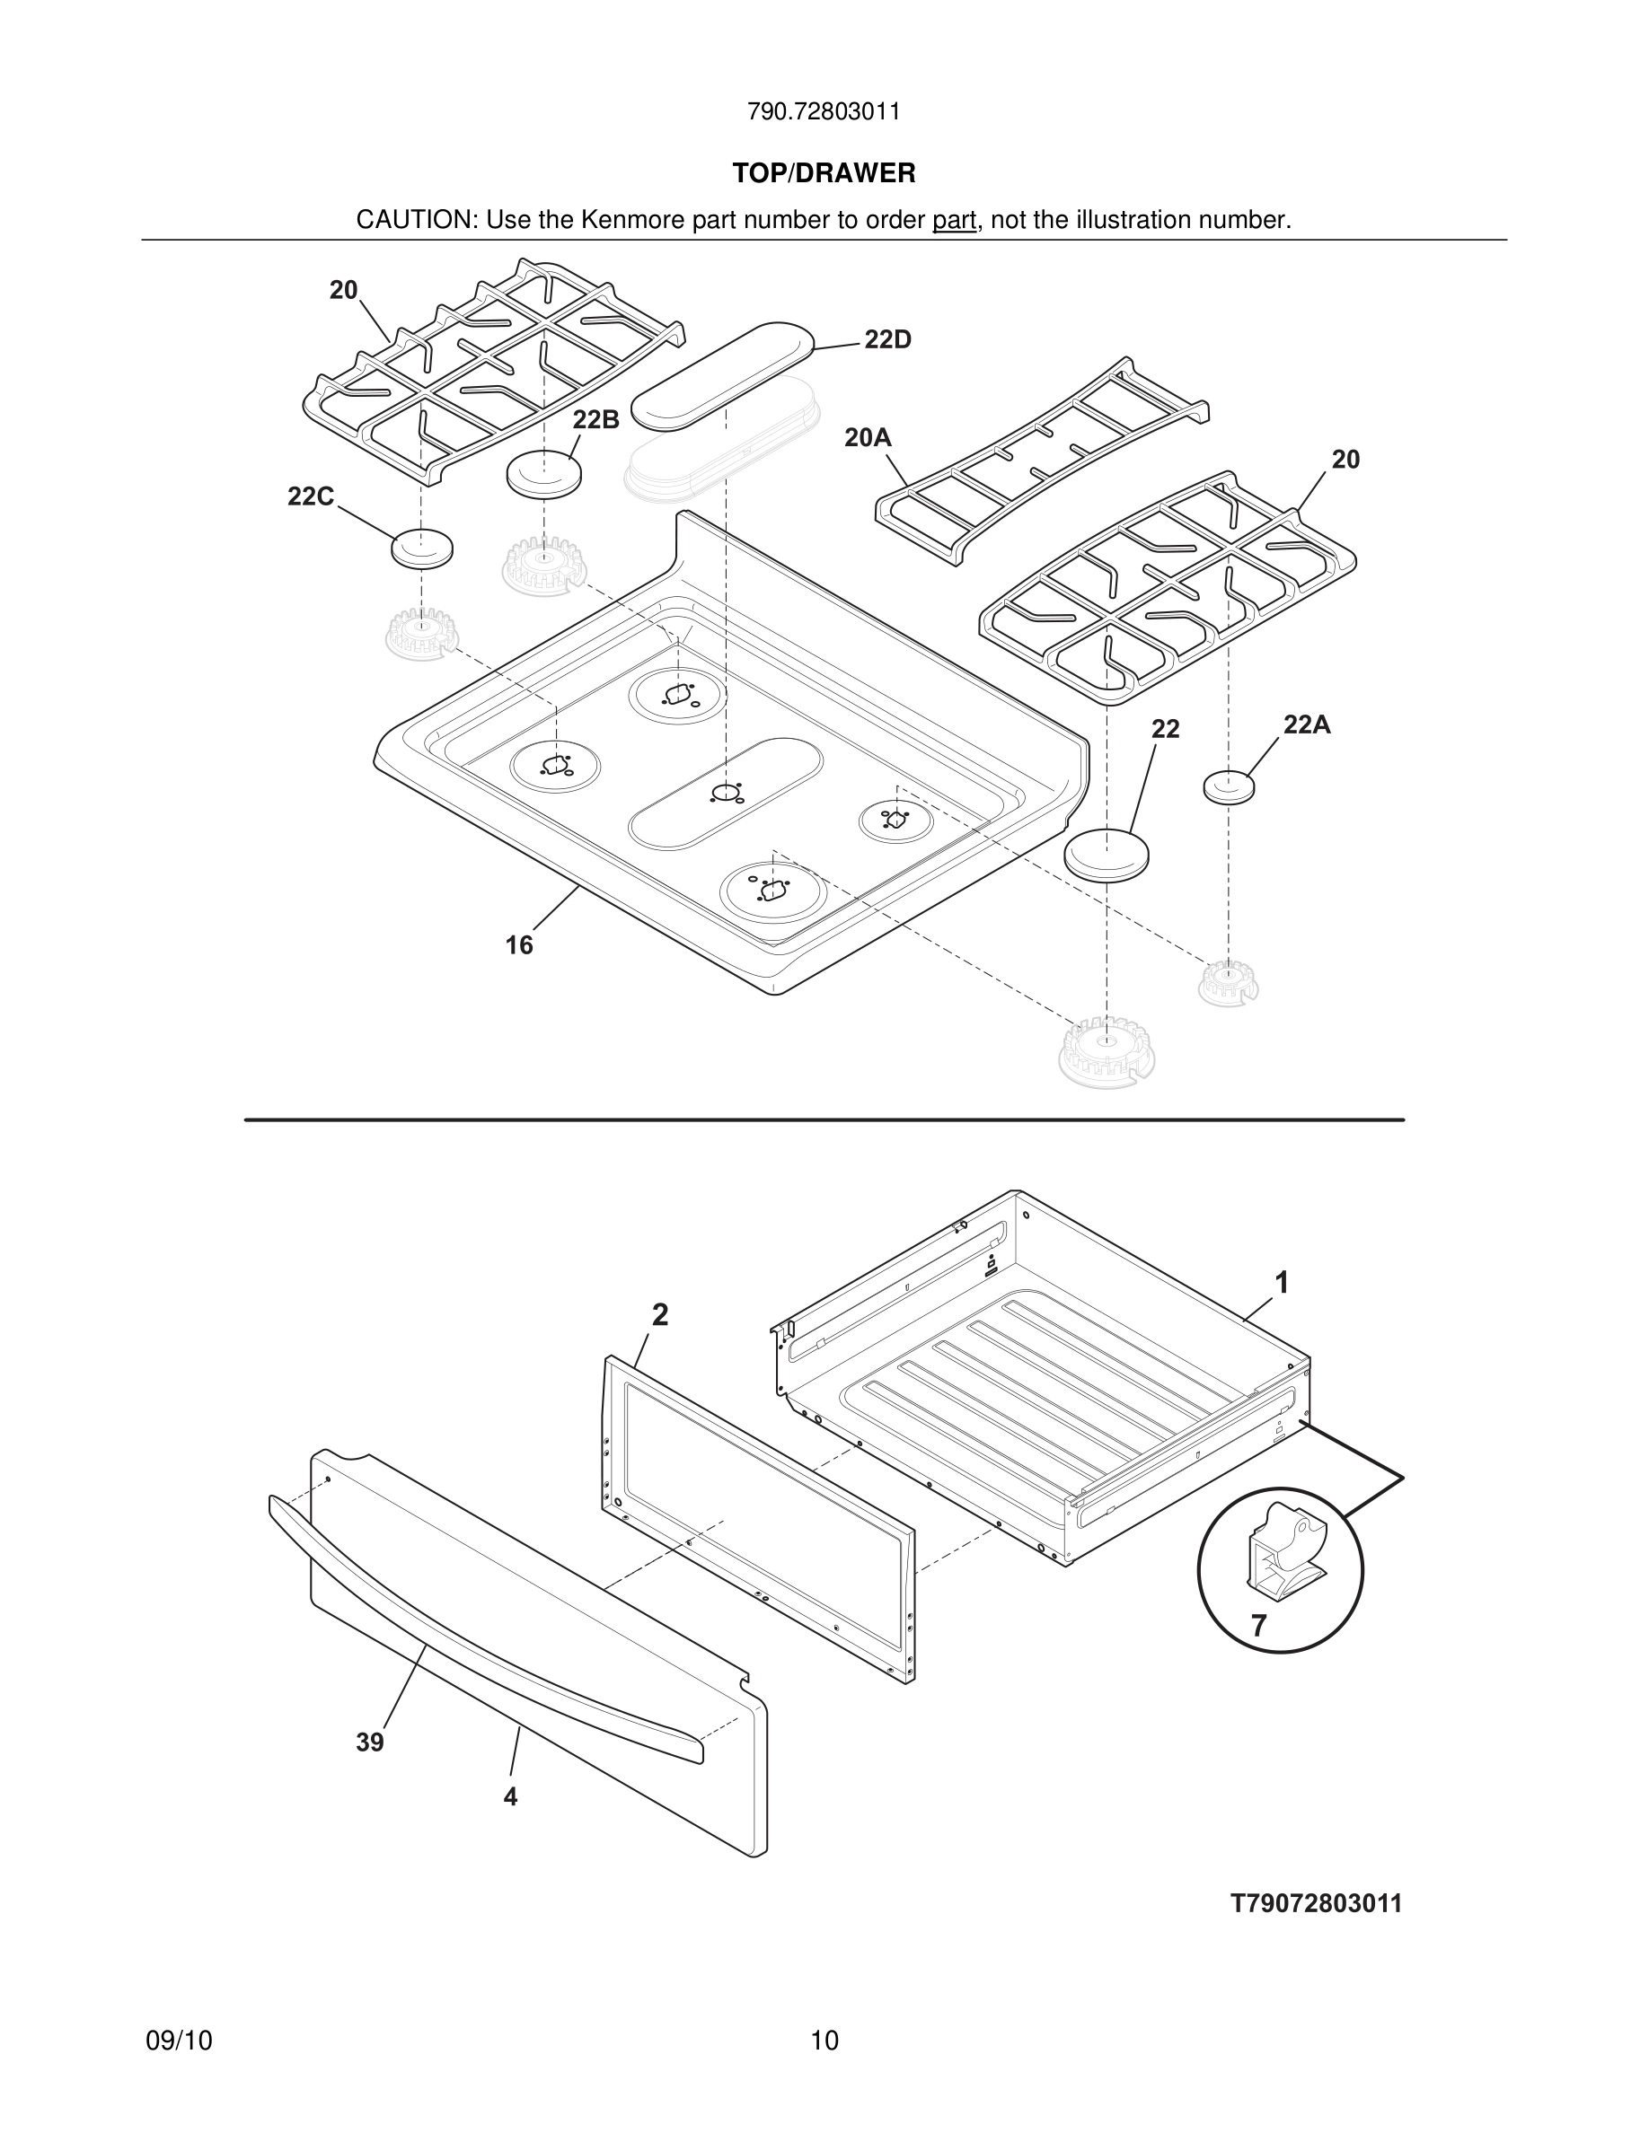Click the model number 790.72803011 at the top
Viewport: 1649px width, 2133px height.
coord(824,112)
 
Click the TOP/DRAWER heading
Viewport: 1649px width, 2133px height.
coord(824,174)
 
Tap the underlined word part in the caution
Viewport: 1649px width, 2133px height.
coord(954,221)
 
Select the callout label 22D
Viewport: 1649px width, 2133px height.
coord(887,340)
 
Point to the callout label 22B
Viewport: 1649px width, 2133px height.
coord(595,420)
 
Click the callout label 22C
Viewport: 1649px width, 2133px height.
coord(311,497)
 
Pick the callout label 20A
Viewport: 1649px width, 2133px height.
coord(868,438)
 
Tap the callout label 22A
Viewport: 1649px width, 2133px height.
coord(1306,724)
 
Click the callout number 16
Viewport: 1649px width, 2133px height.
coord(519,945)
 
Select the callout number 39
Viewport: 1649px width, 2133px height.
coord(369,1742)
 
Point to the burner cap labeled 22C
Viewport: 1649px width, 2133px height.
coord(422,548)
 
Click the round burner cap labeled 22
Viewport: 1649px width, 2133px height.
coord(1106,855)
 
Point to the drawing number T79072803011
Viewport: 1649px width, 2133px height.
coord(1316,1903)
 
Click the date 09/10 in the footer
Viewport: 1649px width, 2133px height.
coord(179,2041)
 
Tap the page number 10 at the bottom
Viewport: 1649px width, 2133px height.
coord(824,2041)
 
